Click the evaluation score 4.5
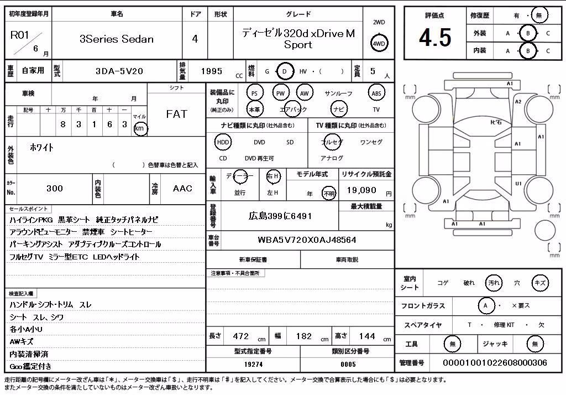(435, 38)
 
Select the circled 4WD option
(379, 44)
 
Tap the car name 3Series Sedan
(117, 39)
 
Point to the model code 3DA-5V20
(119, 71)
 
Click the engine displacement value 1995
(212, 71)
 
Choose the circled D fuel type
(285, 71)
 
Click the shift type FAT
(176, 114)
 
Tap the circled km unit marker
(140, 128)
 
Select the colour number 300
(55, 188)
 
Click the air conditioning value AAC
(182, 188)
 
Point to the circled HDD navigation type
(223, 142)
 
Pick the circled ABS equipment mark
(376, 93)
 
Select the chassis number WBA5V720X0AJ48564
(307, 240)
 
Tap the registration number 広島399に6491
(280, 216)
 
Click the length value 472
(241, 336)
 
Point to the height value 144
(367, 336)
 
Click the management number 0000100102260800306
(495, 363)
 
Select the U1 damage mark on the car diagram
(518, 184)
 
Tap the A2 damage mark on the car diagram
(518, 102)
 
